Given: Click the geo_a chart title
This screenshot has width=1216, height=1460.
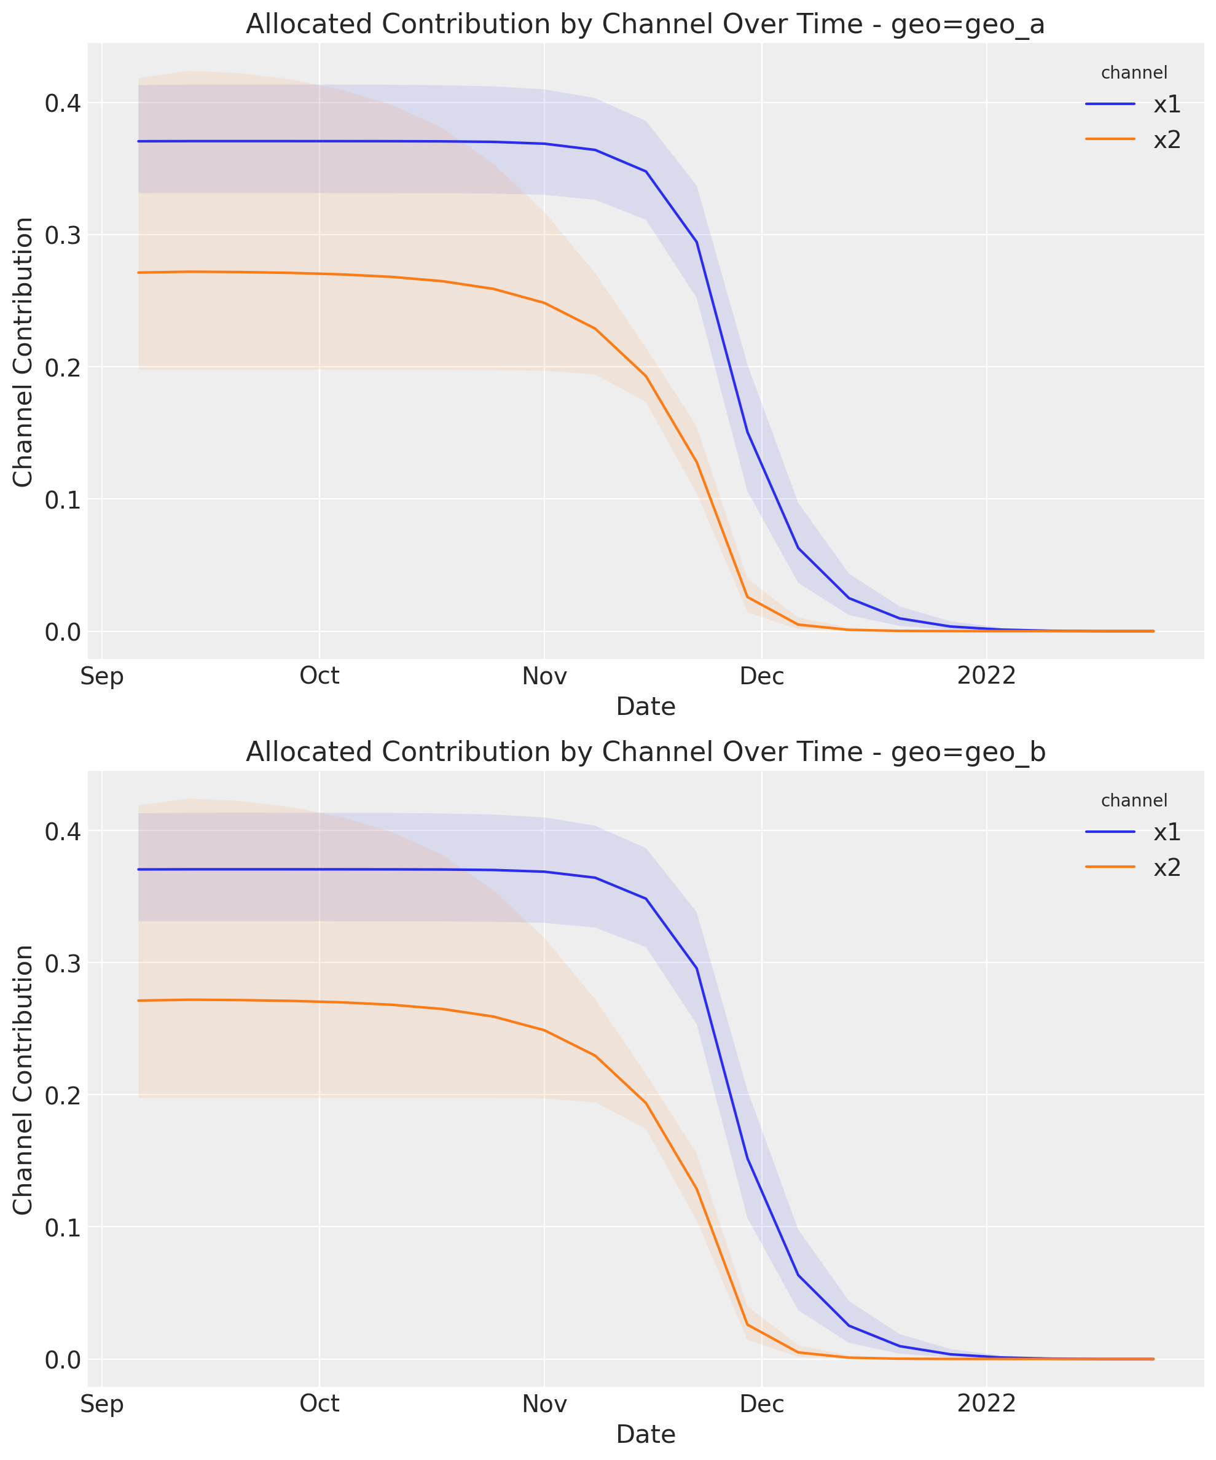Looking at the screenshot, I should coord(645,25).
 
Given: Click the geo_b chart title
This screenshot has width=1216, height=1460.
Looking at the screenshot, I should coord(645,752).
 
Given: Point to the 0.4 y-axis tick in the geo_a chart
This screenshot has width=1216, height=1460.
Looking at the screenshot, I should coord(63,104).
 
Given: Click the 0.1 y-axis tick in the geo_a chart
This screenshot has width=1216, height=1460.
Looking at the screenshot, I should coord(63,500).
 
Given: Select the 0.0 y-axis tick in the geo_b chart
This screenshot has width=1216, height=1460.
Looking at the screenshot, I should coord(63,1360).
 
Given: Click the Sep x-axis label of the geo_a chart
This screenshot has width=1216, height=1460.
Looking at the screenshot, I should coord(102,676).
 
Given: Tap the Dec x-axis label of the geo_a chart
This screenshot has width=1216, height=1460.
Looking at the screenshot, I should coord(762,676).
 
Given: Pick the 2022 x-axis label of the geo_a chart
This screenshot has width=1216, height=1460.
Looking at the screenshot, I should coord(986,676).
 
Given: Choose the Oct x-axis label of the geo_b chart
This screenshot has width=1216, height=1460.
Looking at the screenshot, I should coord(320,1404).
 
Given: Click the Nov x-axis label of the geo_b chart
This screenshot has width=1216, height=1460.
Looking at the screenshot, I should coord(544,1404).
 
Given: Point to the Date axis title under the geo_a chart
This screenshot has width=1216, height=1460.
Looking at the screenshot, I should coord(646,707).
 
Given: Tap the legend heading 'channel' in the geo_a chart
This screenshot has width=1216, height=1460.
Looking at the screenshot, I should coord(1134,72).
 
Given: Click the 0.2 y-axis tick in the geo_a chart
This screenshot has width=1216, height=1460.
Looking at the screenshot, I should coord(63,368).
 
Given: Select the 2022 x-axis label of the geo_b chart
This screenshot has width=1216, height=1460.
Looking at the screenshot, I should coord(986,1404).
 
